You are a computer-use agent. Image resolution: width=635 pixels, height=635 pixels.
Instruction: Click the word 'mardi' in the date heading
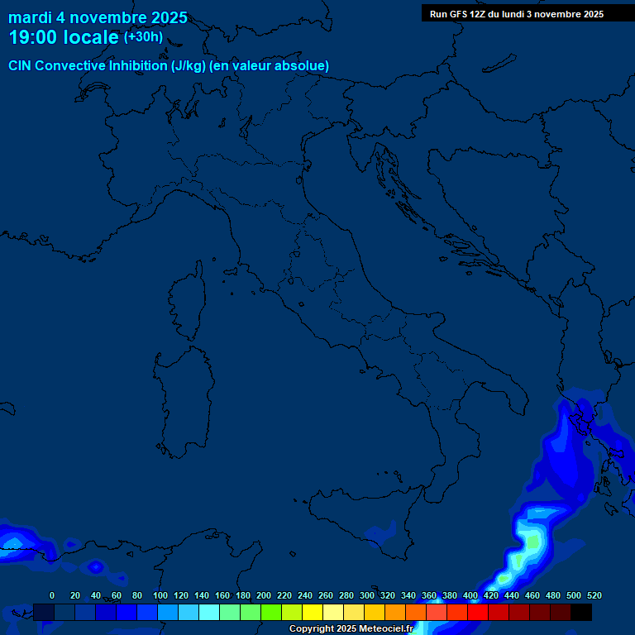pos(30,17)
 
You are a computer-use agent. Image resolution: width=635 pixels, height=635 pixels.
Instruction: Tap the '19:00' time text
pos(32,37)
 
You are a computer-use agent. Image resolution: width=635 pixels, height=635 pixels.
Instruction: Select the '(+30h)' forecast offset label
pos(143,37)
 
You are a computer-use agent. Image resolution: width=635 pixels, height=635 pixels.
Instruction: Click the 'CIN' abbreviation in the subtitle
pos(21,65)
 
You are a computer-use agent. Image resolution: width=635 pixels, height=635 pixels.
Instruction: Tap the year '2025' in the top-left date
pos(169,17)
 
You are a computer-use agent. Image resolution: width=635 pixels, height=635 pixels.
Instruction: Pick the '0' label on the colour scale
pos(52,595)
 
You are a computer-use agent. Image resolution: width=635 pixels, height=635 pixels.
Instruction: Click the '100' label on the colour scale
pos(160,595)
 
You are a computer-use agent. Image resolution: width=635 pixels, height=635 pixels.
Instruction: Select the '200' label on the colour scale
pos(264,595)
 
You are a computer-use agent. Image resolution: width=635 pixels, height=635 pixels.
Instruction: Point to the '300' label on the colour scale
pos(367,595)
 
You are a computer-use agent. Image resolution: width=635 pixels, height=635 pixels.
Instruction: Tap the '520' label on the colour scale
pos(594,595)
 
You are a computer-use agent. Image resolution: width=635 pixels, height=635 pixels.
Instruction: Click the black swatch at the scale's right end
pos(581,612)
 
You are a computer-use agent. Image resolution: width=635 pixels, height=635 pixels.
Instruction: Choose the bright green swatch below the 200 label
pos(271,612)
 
